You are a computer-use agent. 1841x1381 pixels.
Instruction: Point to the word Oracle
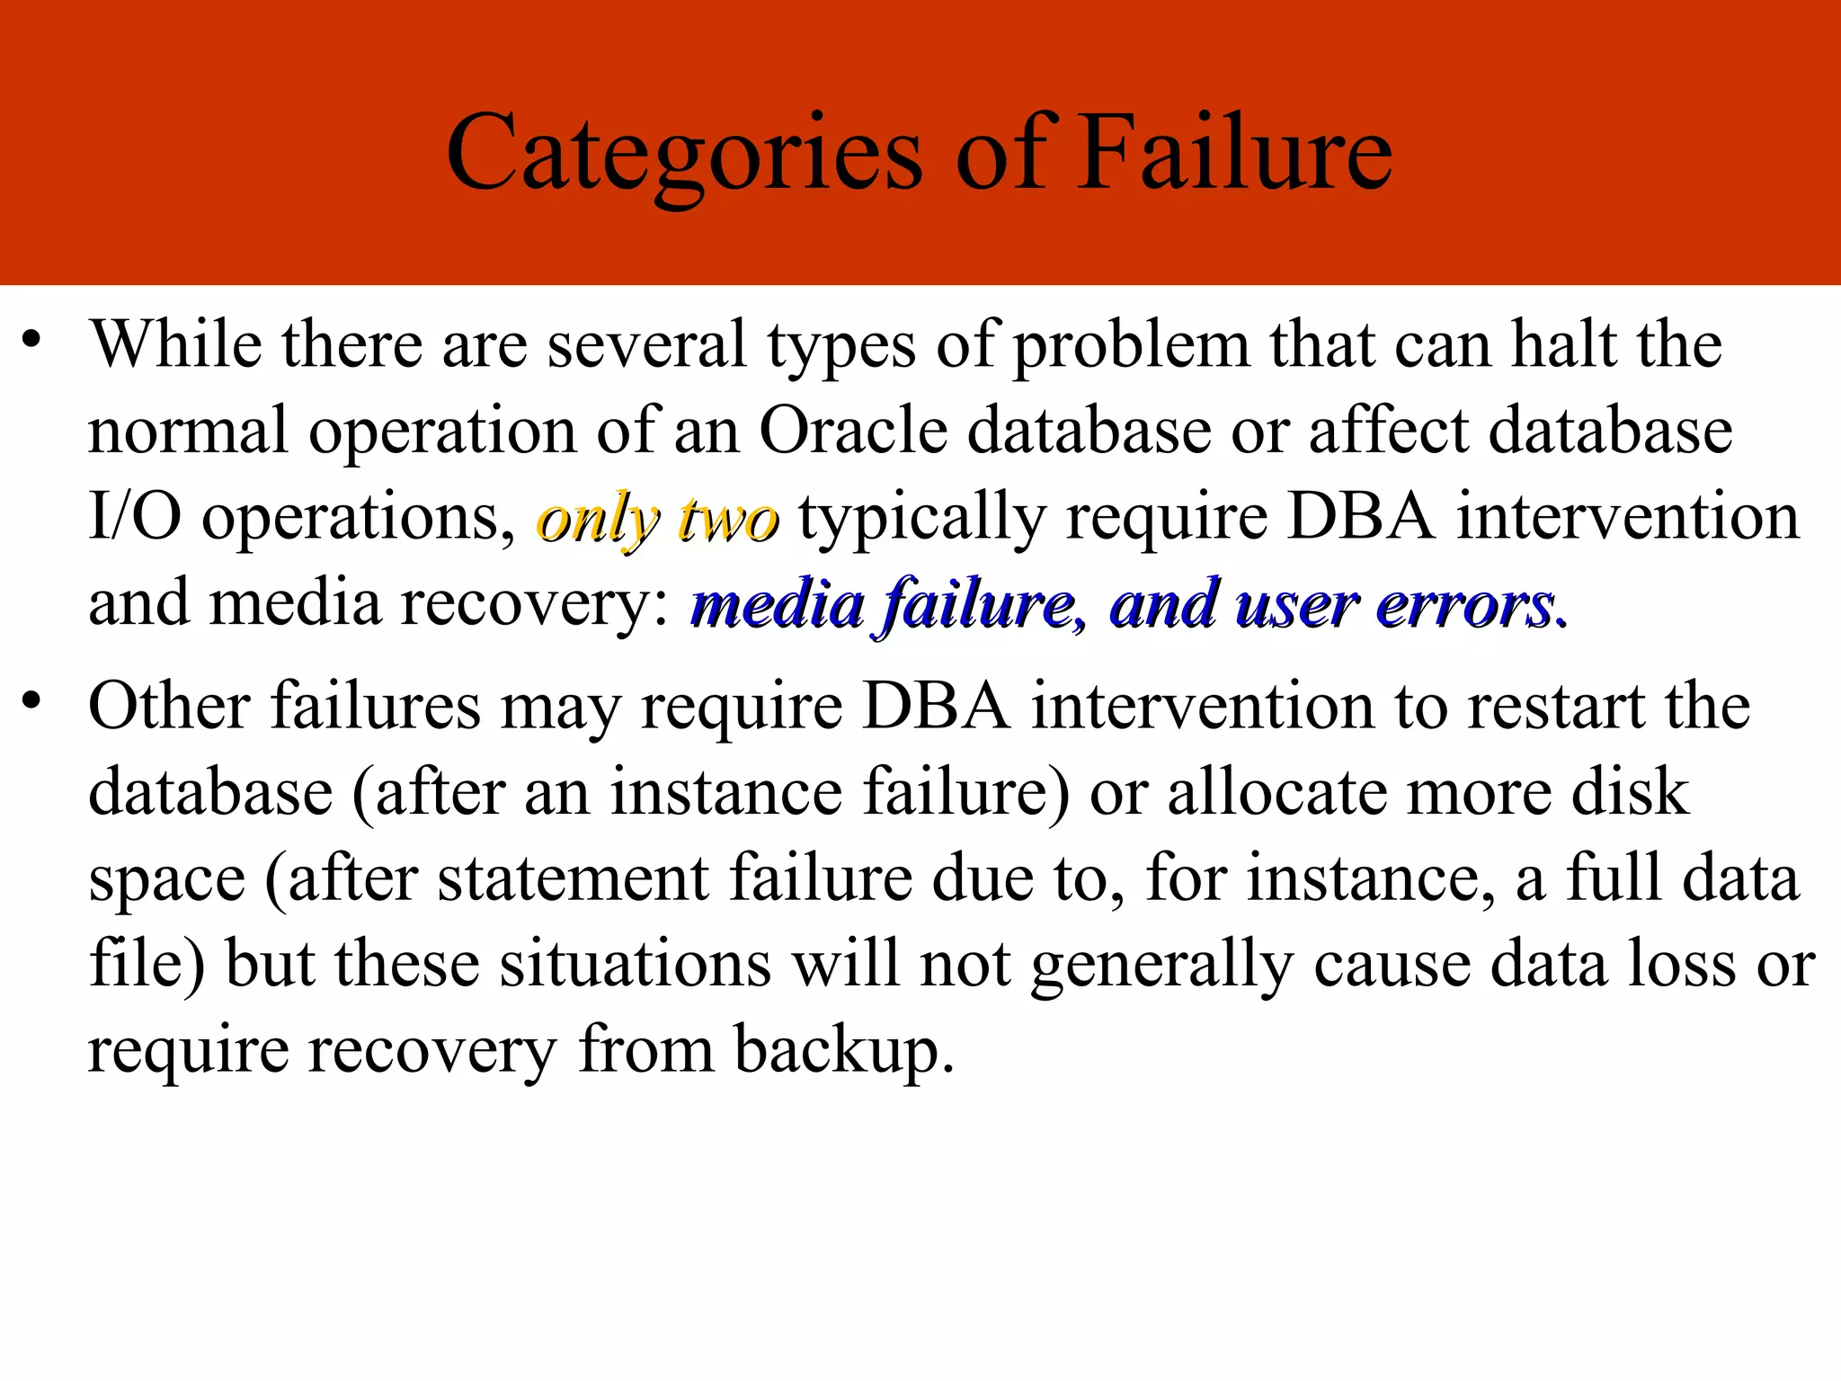[853, 430]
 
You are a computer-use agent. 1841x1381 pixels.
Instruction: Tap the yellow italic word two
[729, 521]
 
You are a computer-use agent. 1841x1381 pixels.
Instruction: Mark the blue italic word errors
[1465, 605]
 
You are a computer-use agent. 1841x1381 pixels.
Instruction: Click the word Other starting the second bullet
[170, 706]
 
